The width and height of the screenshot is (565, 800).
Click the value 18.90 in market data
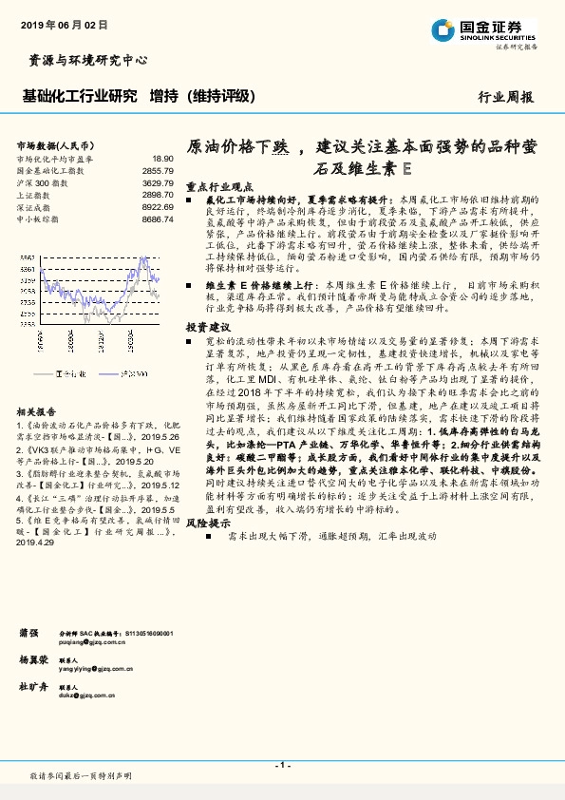[163, 159]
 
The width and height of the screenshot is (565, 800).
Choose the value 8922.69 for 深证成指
[158, 206]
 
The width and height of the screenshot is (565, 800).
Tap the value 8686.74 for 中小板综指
[158, 219]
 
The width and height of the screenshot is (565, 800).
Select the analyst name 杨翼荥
[33, 659]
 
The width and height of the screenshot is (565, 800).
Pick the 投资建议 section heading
[208, 327]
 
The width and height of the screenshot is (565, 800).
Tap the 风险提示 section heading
[208, 523]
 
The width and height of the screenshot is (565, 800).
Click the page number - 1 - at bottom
[281, 764]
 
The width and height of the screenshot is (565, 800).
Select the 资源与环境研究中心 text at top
[84, 60]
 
